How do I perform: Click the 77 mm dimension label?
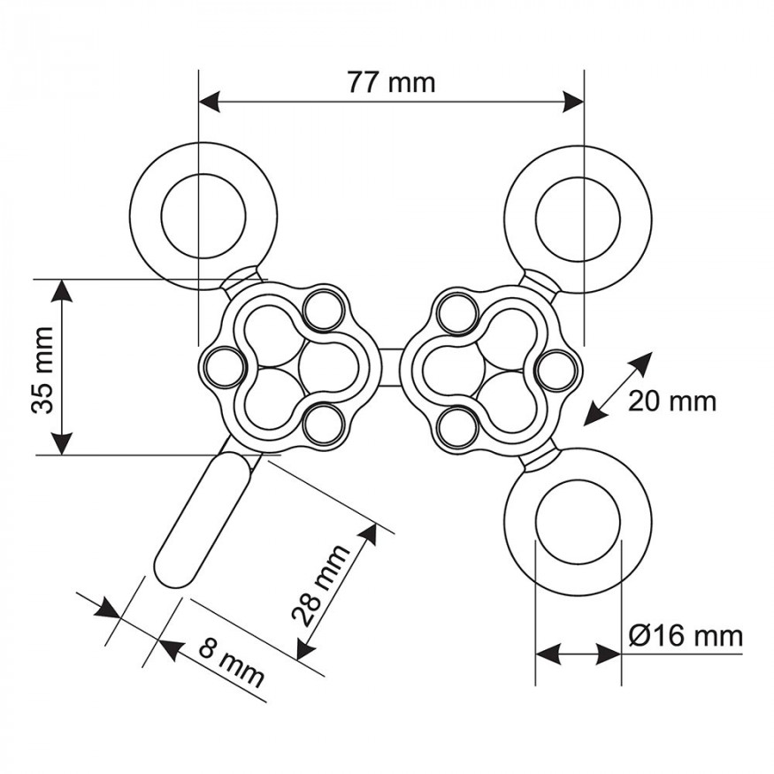(x=392, y=82)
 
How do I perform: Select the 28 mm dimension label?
(x=320, y=586)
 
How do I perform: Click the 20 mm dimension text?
(x=671, y=402)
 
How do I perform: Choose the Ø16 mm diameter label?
(x=686, y=636)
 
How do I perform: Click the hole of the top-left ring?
(x=203, y=216)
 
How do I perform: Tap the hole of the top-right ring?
(x=578, y=218)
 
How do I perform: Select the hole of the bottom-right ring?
(x=578, y=522)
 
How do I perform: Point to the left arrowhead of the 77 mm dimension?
(x=210, y=103)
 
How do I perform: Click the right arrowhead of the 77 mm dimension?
(x=572, y=103)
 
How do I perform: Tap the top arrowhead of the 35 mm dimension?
(x=61, y=291)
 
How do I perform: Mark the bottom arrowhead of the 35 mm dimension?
(x=62, y=443)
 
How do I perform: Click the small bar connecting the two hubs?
(x=392, y=368)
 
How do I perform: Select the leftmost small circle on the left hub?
(x=226, y=368)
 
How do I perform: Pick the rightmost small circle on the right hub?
(x=557, y=371)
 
